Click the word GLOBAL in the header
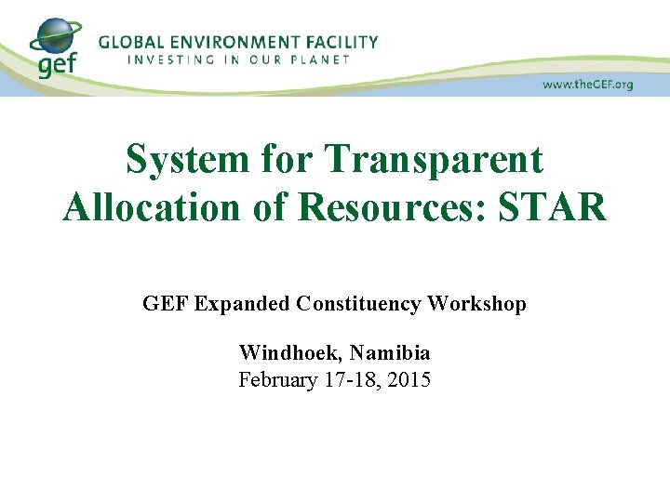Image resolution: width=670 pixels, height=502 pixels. point(130,42)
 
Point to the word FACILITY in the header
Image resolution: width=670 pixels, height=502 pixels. point(343,42)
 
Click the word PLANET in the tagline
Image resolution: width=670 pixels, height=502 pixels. point(322,59)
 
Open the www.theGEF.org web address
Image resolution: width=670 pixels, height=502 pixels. point(587,85)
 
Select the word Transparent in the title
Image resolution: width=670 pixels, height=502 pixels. point(434,159)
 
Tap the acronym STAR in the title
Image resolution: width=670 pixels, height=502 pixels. point(553,206)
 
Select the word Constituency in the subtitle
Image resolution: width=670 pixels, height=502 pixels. point(357,304)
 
